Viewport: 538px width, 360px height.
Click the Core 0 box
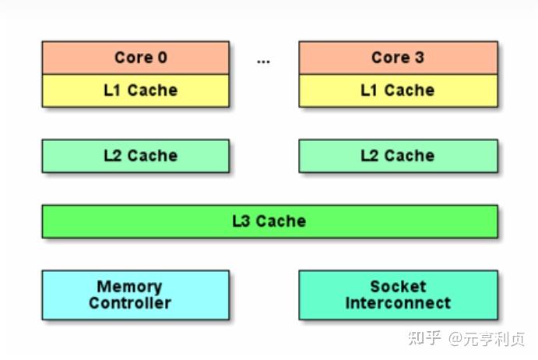(135, 58)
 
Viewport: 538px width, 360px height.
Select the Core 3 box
(398, 58)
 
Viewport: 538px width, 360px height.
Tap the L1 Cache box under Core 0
(135, 90)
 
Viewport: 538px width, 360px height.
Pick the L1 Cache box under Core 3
(398, 90)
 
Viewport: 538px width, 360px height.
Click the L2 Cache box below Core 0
(135, 156)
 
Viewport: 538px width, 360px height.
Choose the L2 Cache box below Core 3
(398, 156)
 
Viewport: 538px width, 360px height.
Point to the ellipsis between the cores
(263, 62)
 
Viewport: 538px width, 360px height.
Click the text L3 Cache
(269, 221)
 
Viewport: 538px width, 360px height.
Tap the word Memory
(129, 287)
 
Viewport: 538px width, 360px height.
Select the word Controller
(130, 303)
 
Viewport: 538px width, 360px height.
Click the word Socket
(398, 287)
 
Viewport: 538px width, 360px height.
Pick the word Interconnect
(398, 303)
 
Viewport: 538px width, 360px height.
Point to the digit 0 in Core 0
(163, 58)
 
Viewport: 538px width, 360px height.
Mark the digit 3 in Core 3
(420, 58)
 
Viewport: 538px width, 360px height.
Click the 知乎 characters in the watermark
(424, 338)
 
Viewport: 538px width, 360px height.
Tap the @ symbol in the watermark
(456, 339)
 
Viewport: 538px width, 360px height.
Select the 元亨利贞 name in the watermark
(494, 339)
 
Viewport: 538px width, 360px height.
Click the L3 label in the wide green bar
(241, 221)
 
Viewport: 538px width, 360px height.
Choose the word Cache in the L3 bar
(281, 221)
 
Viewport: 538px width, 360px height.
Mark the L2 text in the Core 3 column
(370, 156)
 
